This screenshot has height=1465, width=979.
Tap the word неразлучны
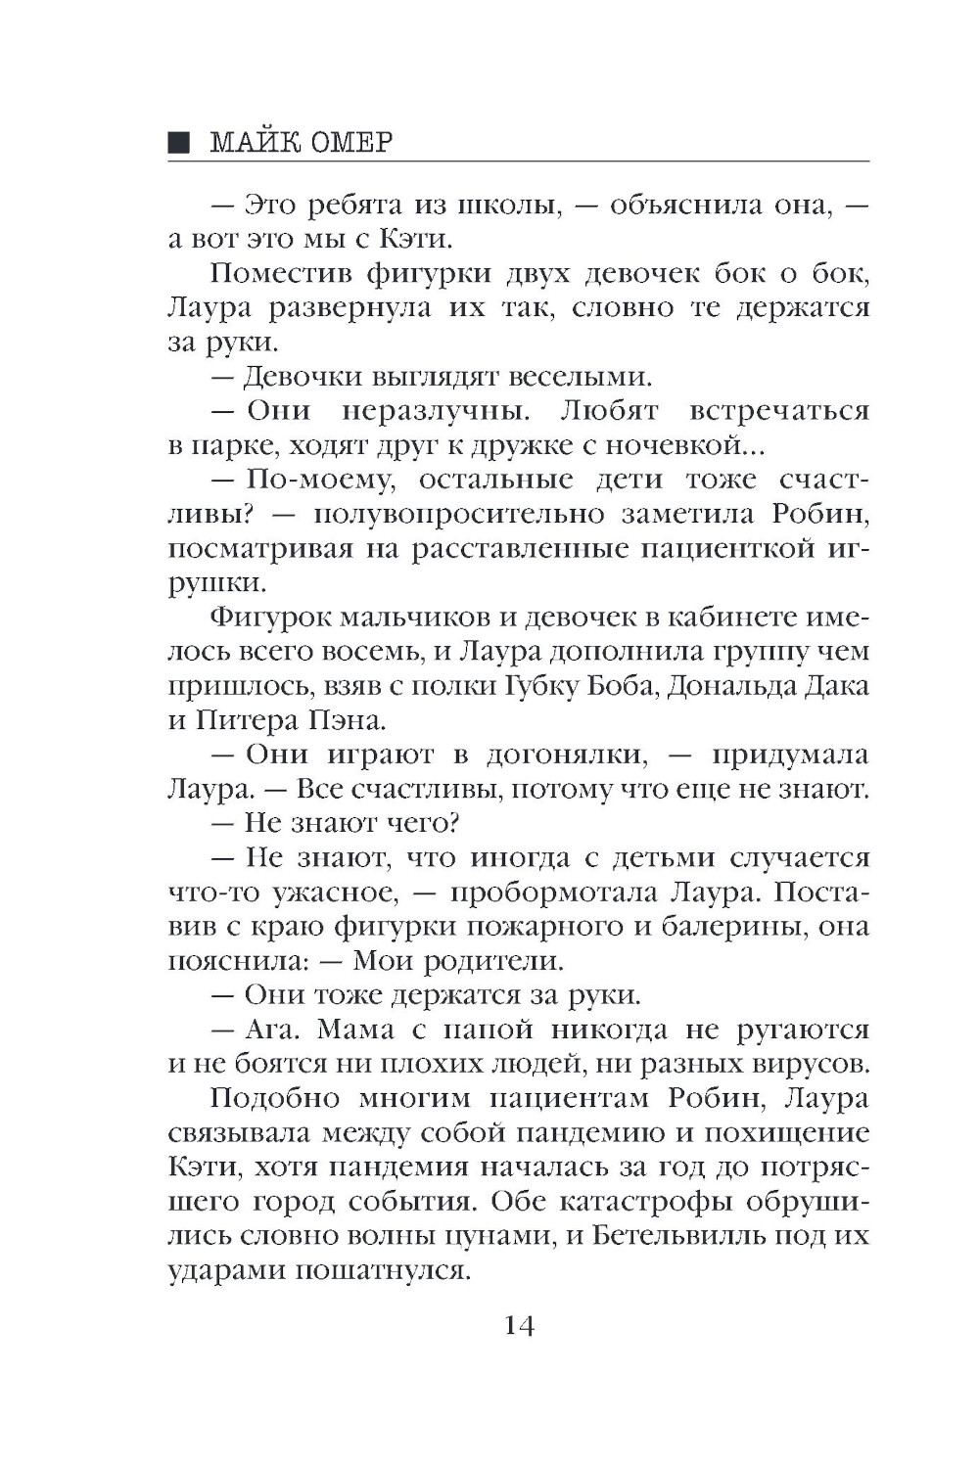(439, 411)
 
